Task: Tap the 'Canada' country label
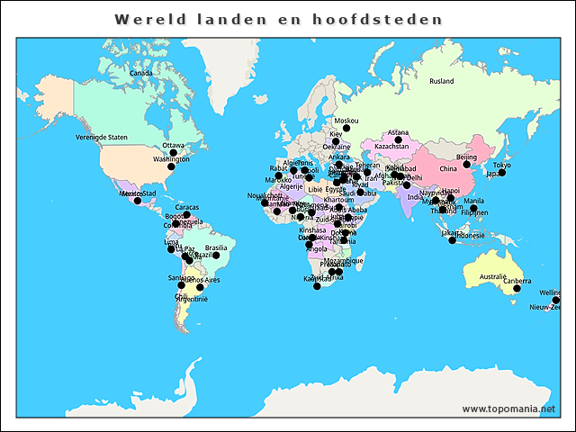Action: point(140,74)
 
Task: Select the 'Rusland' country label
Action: point(442,81)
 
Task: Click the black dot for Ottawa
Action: point(174,153)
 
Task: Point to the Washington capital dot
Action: point(171,166)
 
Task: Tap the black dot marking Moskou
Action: point(346,129)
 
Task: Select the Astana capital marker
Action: point(398,140)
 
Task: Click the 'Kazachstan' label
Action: point(391,147)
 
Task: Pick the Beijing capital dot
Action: point(467,165)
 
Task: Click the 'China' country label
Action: point(447,169)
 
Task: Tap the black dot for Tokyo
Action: point(501,173)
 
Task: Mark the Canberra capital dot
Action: point(517,288)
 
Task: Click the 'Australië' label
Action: point(493,276)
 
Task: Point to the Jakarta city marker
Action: point(453,240)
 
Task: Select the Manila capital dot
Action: point(473,209)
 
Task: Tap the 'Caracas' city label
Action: point(187,207)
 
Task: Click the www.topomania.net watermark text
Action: point(508,409)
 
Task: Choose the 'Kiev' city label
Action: point(336,134)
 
